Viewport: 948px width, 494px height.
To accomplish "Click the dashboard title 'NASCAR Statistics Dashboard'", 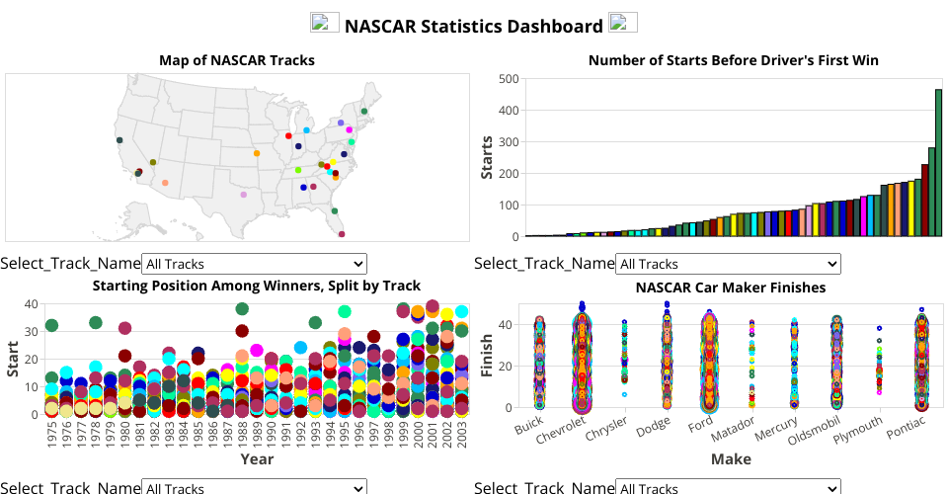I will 473,26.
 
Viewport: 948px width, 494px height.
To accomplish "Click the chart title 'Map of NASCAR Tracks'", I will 237,60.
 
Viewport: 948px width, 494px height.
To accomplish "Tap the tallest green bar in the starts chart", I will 938,163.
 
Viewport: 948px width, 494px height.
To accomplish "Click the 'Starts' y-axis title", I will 487,157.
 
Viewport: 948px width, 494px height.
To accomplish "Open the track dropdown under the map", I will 254,264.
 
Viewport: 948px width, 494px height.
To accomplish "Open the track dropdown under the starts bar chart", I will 728,264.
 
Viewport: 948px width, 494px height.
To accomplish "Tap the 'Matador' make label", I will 734,432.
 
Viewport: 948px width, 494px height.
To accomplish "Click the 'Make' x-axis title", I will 730,459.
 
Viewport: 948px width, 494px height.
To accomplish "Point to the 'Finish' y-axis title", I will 487,355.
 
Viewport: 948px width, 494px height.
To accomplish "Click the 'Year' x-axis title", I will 257,458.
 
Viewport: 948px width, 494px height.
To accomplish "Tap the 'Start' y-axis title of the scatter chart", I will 13,359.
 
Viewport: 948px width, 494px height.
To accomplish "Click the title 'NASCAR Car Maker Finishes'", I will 730,288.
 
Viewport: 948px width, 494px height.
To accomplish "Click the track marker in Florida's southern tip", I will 342,234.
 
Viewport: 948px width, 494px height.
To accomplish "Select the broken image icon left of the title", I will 325,23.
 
